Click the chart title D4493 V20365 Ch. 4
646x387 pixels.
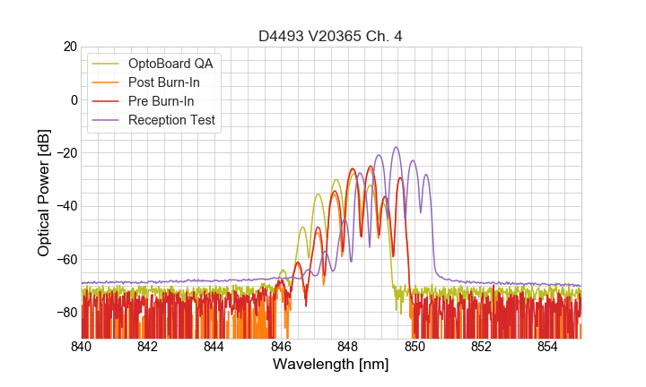coord(329,36)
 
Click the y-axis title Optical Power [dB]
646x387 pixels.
coord(43,192)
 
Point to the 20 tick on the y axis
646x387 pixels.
coord(68,47)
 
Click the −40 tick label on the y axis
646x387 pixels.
coord(65,206)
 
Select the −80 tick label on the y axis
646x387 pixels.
coord(65,313)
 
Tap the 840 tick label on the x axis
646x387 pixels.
coord(81,346)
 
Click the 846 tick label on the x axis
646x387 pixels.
coord(281,346)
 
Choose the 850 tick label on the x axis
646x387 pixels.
coord(415,346)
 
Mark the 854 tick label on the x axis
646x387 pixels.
coord(547,346)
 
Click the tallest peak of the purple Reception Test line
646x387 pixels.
coord(396,148)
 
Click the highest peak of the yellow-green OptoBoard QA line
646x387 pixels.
coord(336,180)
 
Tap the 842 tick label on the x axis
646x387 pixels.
coord(147,346)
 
